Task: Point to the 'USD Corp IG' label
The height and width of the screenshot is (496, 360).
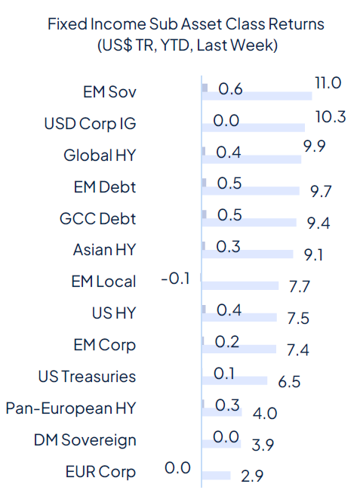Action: pyautogui.click(x=91, y=123)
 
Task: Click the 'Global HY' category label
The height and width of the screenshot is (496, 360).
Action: pyautogui.click(x=100, y=156)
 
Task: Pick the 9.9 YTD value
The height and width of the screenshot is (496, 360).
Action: pyautogui.click(x=314, y=146)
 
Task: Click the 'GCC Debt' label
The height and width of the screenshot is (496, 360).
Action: pyautogui.click(x=98, y=219)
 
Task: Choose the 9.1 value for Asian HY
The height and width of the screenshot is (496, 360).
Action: pyautogui.click(x=310, y=255)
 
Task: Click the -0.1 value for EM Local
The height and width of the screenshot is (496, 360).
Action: pyautogui.click(x=174, y=280)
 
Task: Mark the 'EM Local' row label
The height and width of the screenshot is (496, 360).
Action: pyautogui.click(x=100, y=282)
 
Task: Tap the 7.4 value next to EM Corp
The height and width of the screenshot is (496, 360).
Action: pyautogui.click(x=298, y=350)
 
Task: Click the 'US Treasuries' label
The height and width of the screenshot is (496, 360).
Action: pyautogui.click(x=88, y=377)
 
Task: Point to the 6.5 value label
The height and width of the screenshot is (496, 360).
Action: pyautogui.click(x=289, y=382)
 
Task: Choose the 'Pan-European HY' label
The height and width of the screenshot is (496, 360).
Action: pyautogui.click(x=71, y=408)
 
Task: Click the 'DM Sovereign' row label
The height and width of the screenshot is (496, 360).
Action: pyautogui.click(x=85, y=440)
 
